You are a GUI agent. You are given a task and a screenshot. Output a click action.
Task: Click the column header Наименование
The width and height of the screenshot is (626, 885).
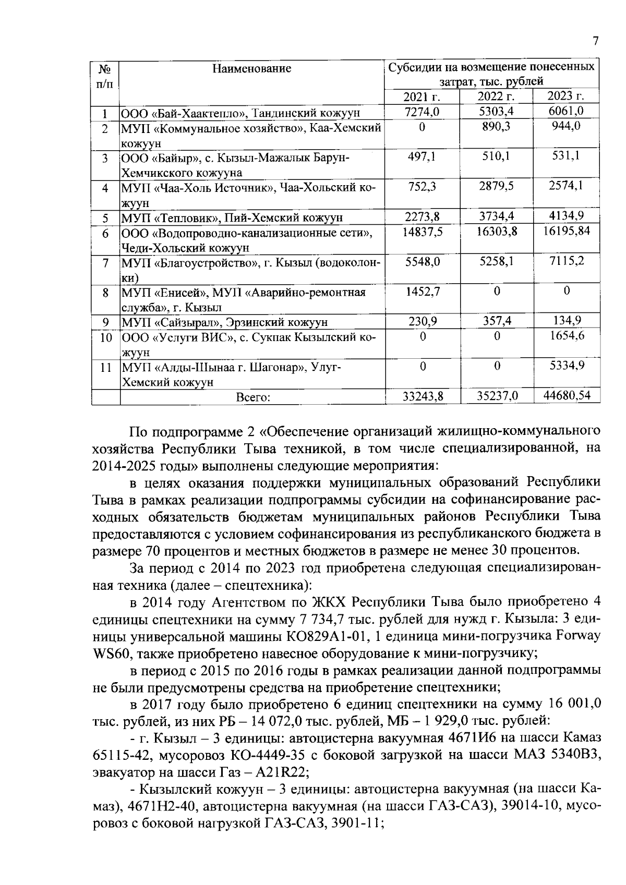coord(252,68)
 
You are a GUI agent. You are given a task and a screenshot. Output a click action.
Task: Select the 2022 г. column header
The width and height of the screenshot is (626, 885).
coord(496,96)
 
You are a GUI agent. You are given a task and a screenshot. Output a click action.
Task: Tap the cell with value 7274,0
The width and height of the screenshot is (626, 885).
coord(422,112)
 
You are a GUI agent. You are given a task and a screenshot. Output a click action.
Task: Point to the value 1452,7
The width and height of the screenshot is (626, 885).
coord(422,292)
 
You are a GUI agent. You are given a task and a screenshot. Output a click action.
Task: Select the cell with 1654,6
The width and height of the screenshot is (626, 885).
coord(567,336)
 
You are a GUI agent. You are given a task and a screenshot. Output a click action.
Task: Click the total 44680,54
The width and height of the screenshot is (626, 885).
coord(567,396)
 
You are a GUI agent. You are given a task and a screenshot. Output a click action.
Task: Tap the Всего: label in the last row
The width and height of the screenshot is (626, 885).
coord(252,397)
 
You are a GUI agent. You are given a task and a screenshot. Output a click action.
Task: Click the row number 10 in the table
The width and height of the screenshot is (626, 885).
coord(106,337)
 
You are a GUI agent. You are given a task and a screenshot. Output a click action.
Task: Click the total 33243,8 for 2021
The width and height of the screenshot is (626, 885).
coord(422,397)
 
